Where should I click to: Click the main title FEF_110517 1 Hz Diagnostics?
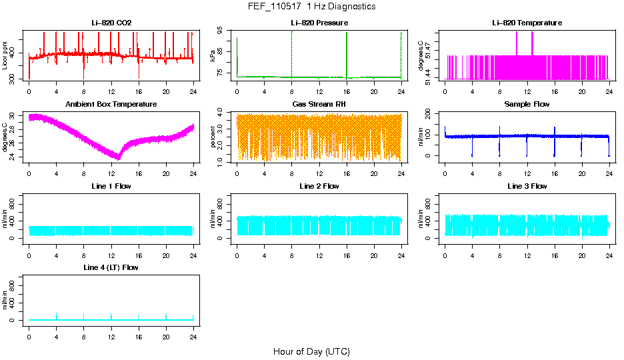(311, 7)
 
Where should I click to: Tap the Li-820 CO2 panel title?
(111, 23)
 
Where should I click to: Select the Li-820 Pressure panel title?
(319, 23)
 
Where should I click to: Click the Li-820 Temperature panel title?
(527, 23)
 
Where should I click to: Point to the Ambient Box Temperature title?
(111, 104)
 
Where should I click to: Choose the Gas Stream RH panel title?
(319, 104)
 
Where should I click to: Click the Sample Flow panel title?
(527, 104)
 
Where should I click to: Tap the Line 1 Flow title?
(111, 186)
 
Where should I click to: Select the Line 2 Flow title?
(319, 186)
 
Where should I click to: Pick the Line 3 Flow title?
(527, 186)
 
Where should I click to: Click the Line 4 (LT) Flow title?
(111, 267)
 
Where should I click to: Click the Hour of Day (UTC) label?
(311, 351)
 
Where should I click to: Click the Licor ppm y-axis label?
(5, 56)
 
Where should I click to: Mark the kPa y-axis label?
(213, 56)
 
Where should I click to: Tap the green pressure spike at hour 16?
(347, 53)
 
